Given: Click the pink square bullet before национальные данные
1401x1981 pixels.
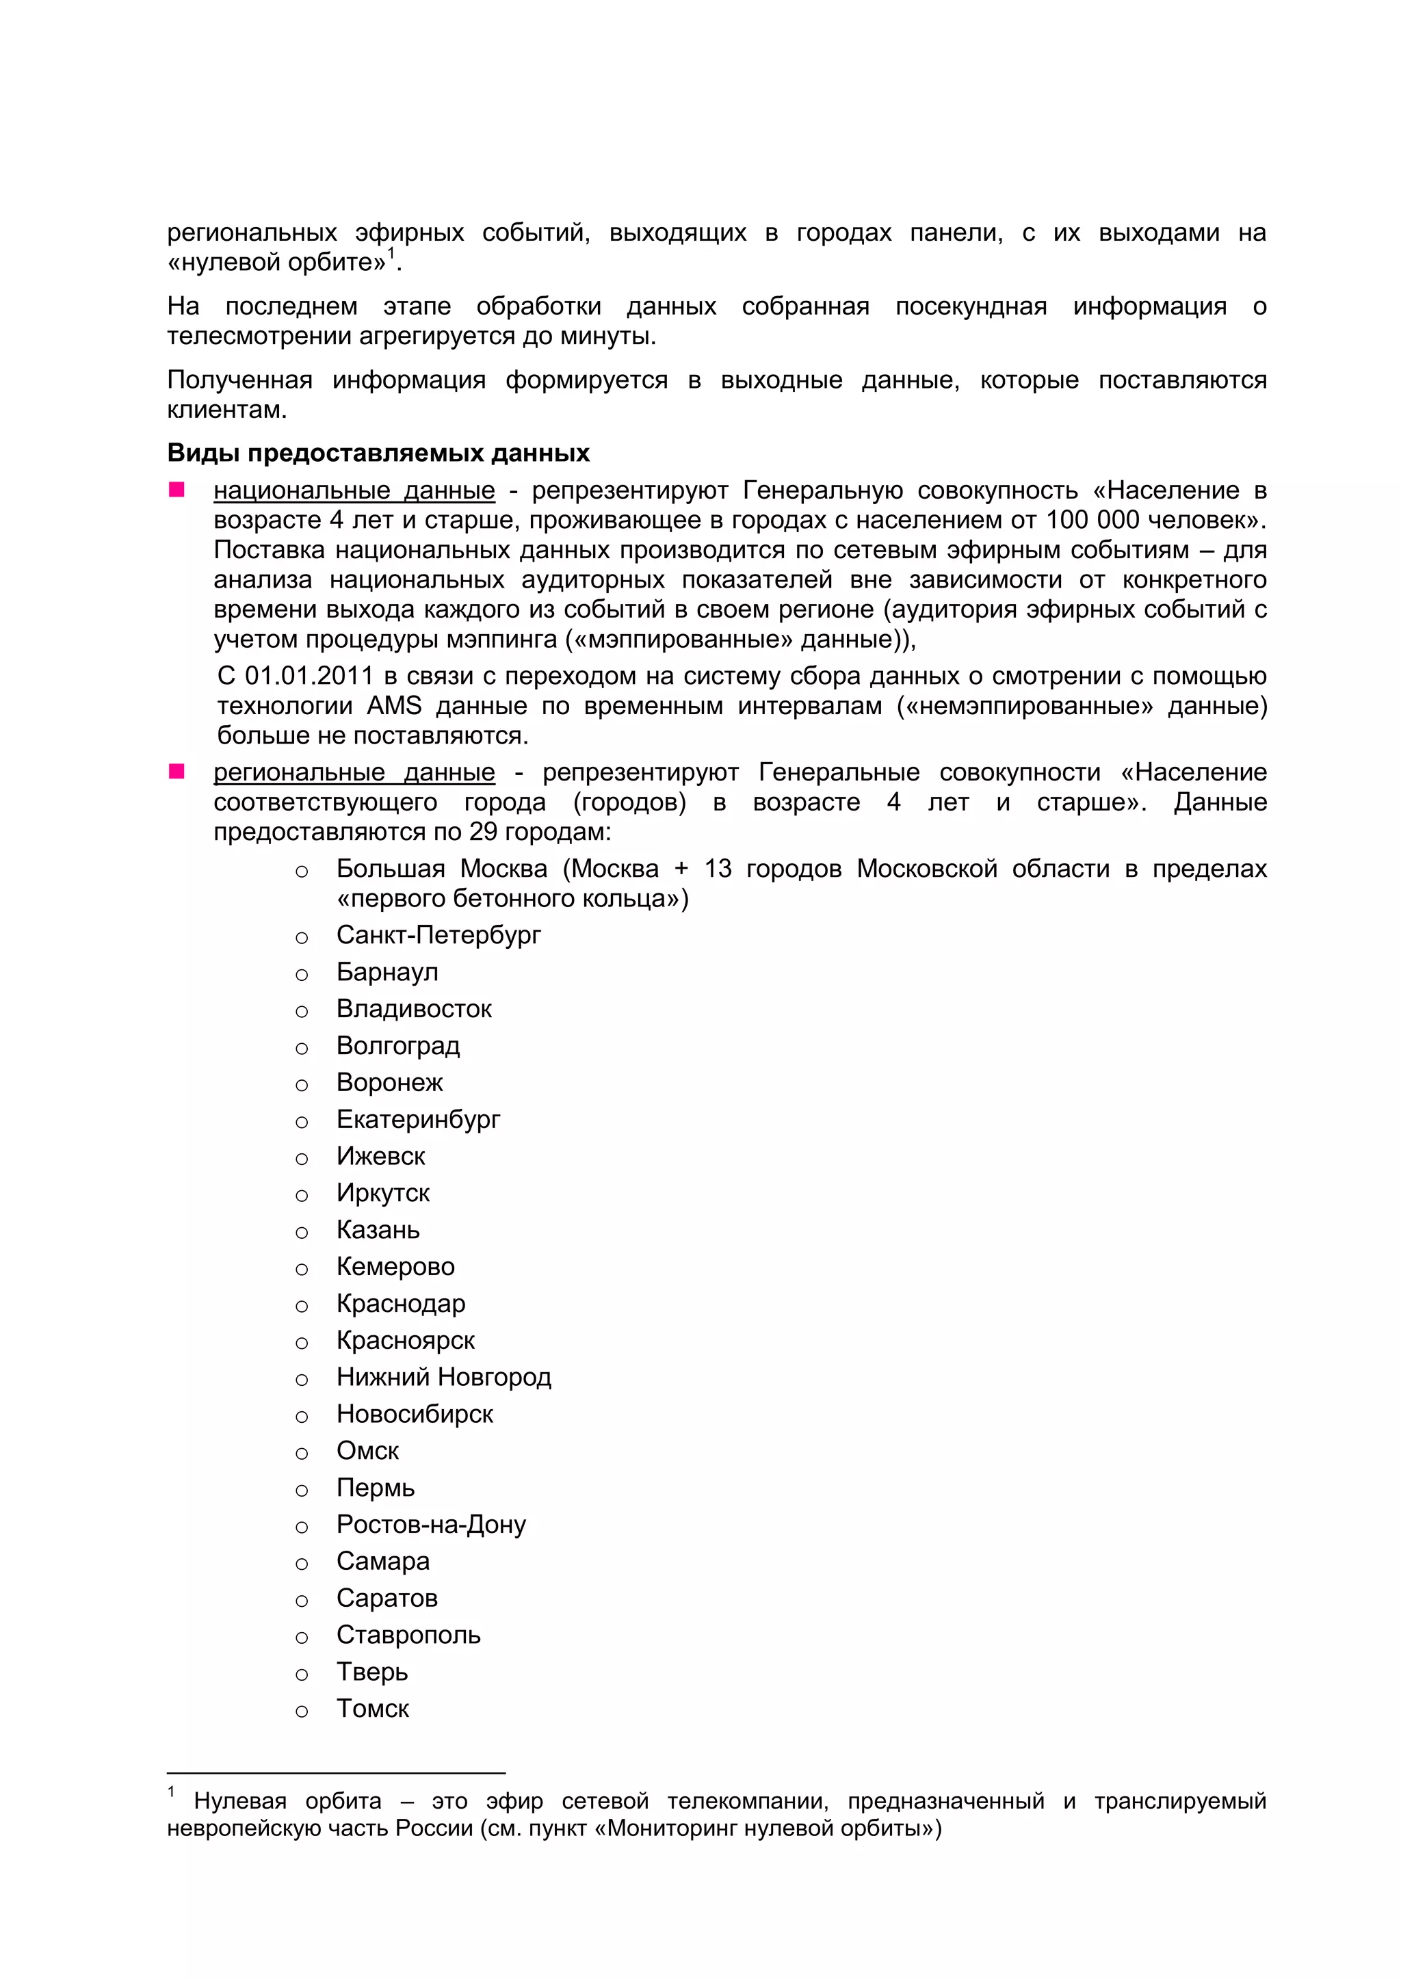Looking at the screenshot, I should coord(177,490).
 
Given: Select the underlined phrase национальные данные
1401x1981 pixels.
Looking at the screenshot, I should coord(354,491).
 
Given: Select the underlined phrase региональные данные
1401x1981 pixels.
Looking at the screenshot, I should coord(354,772).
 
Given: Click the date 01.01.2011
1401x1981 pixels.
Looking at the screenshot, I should coord(309,676).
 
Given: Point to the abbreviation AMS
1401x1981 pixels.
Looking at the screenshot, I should coord(393,706).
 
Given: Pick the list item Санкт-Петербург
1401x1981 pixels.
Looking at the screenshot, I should coord(438,935).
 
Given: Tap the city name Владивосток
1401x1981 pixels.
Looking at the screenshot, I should coord(414,1008).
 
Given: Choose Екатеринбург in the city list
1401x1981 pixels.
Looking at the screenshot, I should coord(419,1119).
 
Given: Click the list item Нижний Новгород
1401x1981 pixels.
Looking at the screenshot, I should coord(443,1377).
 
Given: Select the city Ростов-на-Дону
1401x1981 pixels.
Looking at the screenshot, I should coord(430,1525).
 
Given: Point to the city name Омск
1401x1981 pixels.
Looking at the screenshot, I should coord(367,1452).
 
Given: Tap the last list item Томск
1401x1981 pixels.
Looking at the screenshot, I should coord(373,1708).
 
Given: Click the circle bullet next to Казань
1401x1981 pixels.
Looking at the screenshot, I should coord(301,1232).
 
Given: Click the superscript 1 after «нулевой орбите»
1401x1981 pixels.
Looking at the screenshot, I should coord(391,253).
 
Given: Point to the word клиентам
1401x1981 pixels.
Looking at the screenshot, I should coord(225,410).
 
